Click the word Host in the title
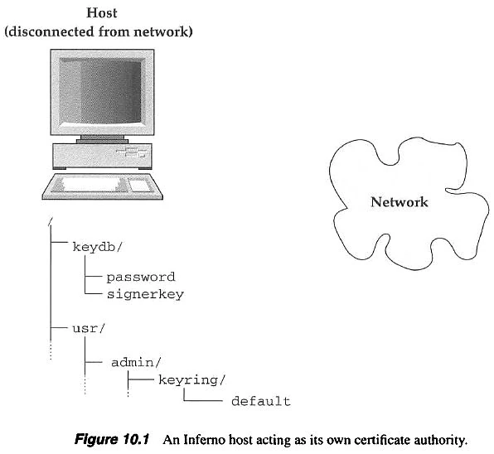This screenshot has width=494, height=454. pyautogui.click(x=102, y=13)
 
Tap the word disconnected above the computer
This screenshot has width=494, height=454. pyautogui.click(x=51, y=31)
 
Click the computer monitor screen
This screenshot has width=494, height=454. pyautogui.click(x=100, y=90)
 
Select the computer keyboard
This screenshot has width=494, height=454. pyautogui.click(x=103, y=186)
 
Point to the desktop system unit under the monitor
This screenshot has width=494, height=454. pyautogui.click(x=103, y=156)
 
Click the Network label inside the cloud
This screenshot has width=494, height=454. pyautogui.click(x=400, y=202)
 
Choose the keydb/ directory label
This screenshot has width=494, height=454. pyautogui.click(x=97, y=247)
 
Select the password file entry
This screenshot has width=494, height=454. pyautogui.click(x=141, y=278)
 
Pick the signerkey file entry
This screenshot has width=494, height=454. pyautogui.click(x=145, y=294)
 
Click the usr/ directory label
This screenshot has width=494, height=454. pyautogui.click(x=88, y=329)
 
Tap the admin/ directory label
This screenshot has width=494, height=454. pyautogui.click(x=136, y=362)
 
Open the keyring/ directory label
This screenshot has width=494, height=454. pyautogui.click(x=192, y=380)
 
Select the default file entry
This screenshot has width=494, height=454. pyautogui.click(x=261, y=402)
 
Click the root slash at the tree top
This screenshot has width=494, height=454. pyautogui.click(x=51, y=222)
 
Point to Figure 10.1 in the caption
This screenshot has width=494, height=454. pyautogui.click(x=112, y=439)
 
